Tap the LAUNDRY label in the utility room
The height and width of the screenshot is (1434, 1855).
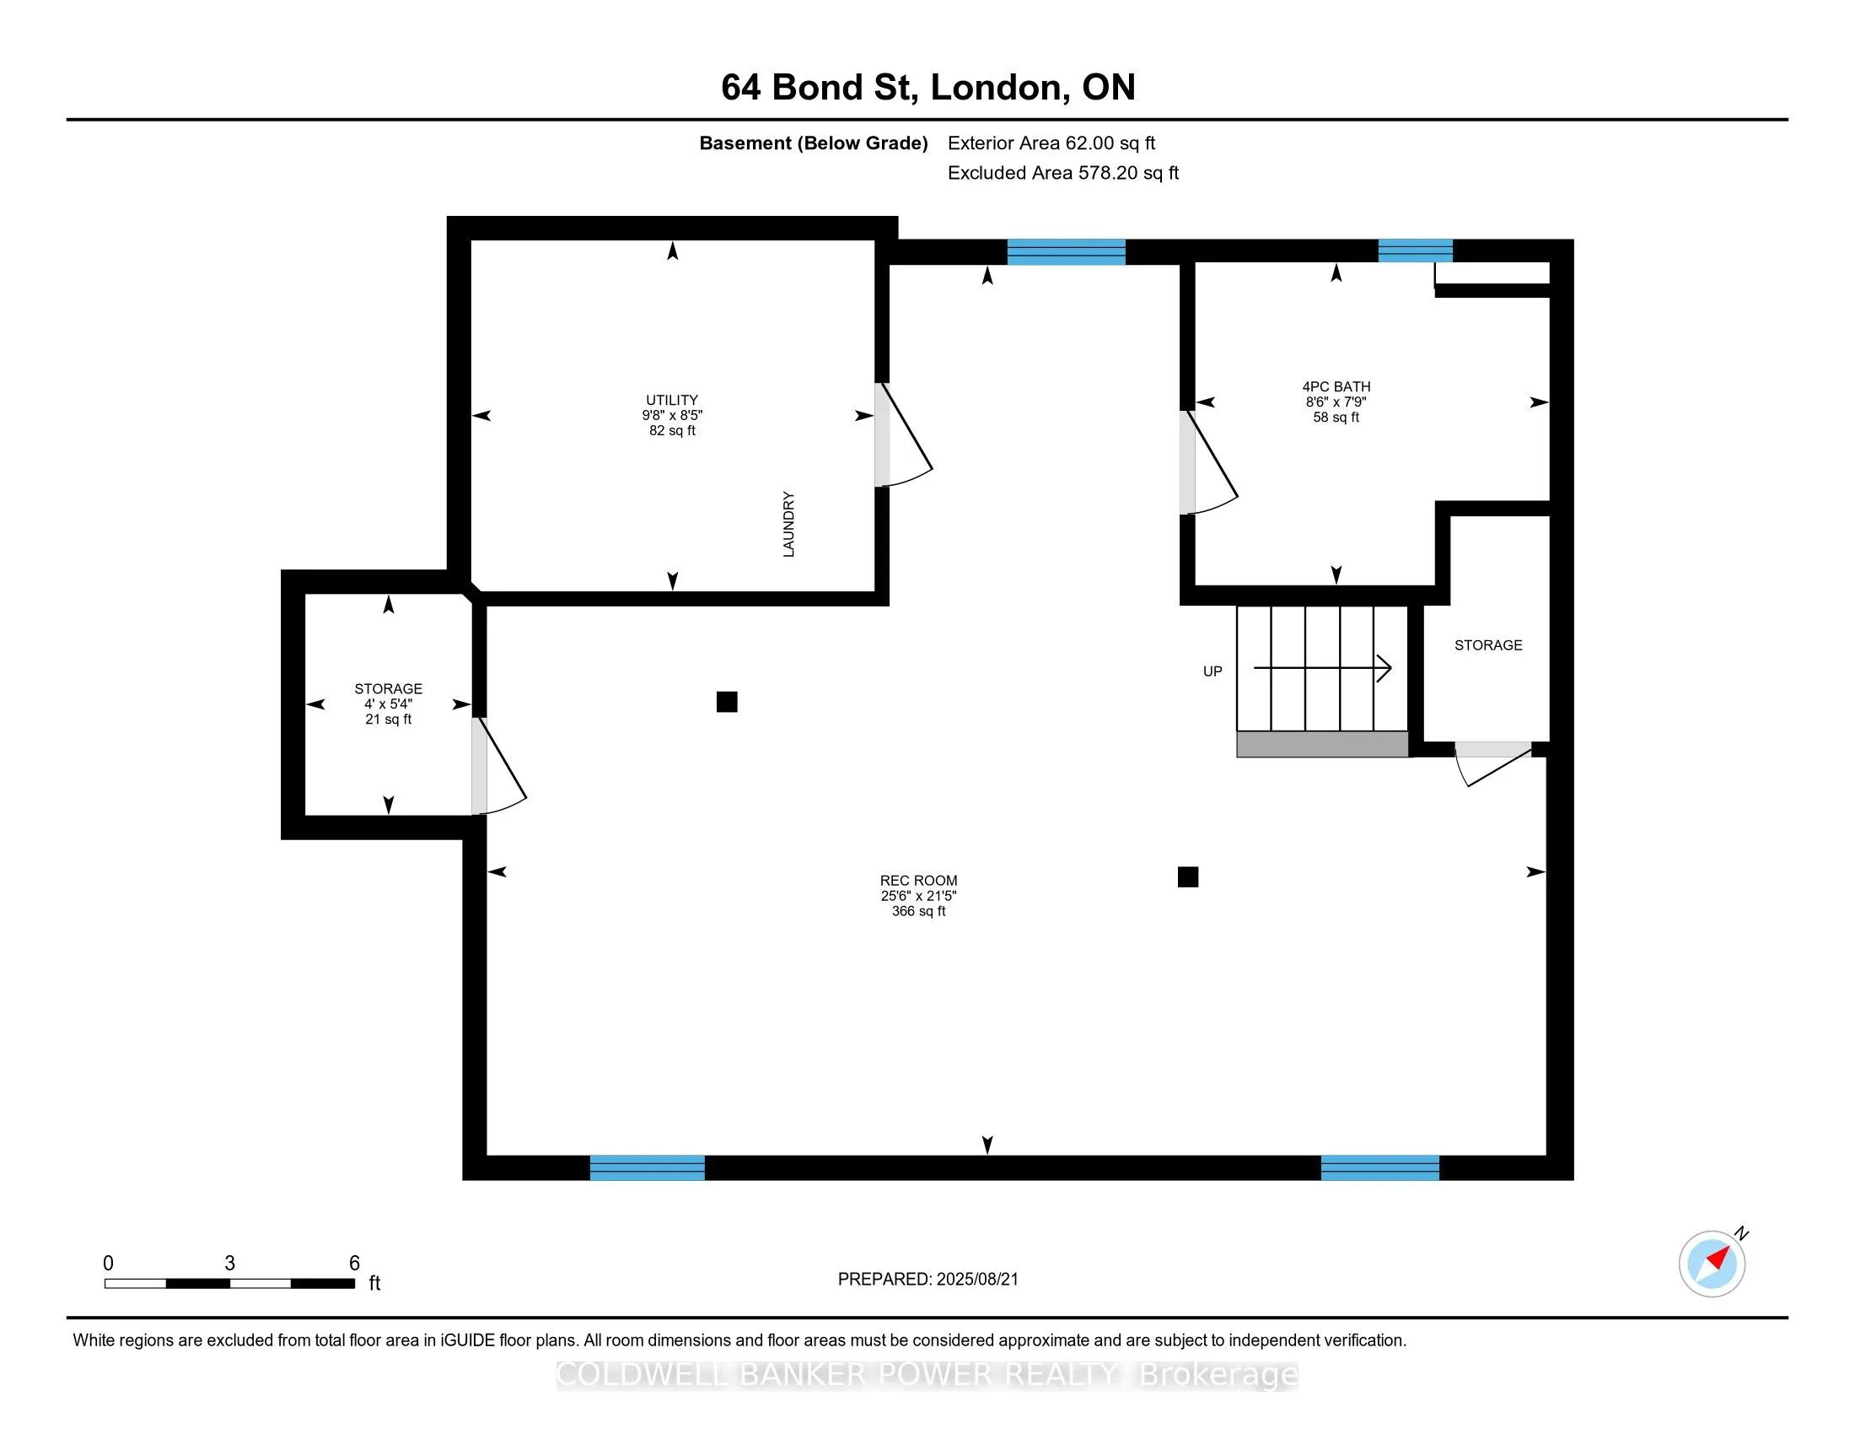tap(788, 524)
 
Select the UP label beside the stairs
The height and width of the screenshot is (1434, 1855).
tap(1212, 671)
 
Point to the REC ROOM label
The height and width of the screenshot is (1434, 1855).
tap(918, 881)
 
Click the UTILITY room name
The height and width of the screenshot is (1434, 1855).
tap(672, 400)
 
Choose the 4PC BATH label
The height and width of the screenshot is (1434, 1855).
tap(1336, 386)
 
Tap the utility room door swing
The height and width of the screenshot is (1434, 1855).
tap(905, 435)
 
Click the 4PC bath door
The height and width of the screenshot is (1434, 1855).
tap(1208, 463)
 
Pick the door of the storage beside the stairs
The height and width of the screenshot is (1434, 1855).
tap(1493, 763)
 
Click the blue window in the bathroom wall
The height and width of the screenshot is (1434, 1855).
tap(1415, 251)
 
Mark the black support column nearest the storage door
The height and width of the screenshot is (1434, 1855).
tap(727, 702)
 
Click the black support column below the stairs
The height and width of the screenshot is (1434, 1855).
tap(1188, 876)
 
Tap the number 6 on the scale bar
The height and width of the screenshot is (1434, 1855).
tap(354, 1263)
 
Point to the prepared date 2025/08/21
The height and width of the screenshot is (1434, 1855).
tap(976, 1280)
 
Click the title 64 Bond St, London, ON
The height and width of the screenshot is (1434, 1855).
tap(927, 88)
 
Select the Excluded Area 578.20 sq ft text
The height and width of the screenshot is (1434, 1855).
tap(1063, 173)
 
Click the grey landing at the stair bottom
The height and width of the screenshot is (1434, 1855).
tap(1322, 744)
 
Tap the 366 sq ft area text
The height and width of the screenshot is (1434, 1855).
tap(918, 912)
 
